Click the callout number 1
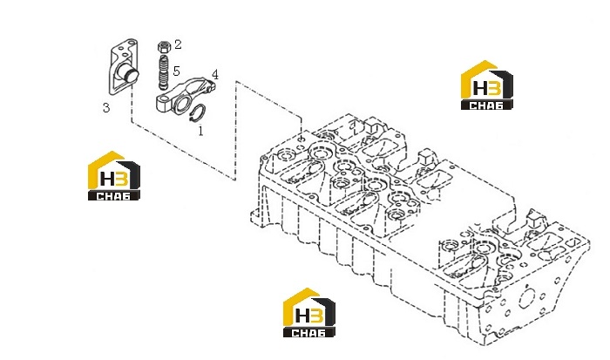pyautogui.click(x=200, y=131)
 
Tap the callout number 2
pyautogui.click(x=178, y=44)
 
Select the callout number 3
pyautogui.click(x=106, y=107)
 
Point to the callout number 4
pyautogui.click(x=214, y=74)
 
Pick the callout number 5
pyautogui.click(x=176, y=71)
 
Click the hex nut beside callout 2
pyautogui.click(x=164, y=47)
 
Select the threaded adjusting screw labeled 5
pyautogui.click(x=164, y=72)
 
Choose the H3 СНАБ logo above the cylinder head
pyautogui.click(x=486, y=85)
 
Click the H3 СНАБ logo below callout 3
pyautogui.click(x=114, y=175)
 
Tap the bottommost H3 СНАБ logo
pyautogui.click(x=308, y=313)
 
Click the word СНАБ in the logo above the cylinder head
pyautogui.click(x=486, y=105)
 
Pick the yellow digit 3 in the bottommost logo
pyautogui.click(x=316, y=316)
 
